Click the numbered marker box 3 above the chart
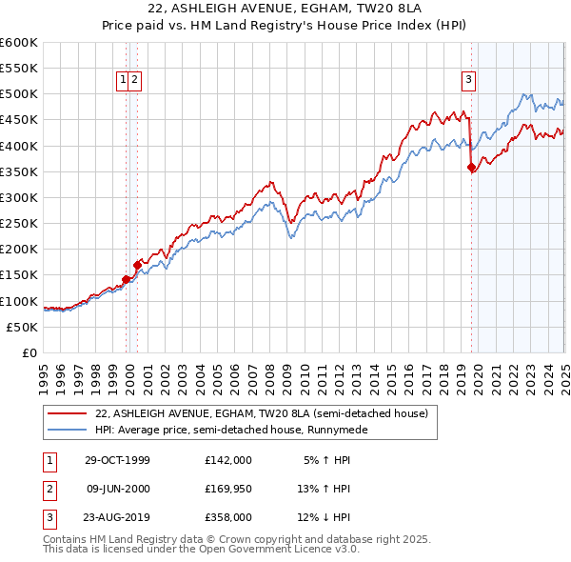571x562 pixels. [469, 80]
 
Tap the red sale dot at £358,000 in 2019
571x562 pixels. [471, 168]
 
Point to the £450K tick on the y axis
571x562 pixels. [20, 120]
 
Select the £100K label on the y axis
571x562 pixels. [20, 301]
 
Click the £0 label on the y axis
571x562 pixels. [30, 352]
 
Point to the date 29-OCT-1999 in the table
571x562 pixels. [118, 460]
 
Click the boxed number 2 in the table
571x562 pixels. [49, 490]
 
